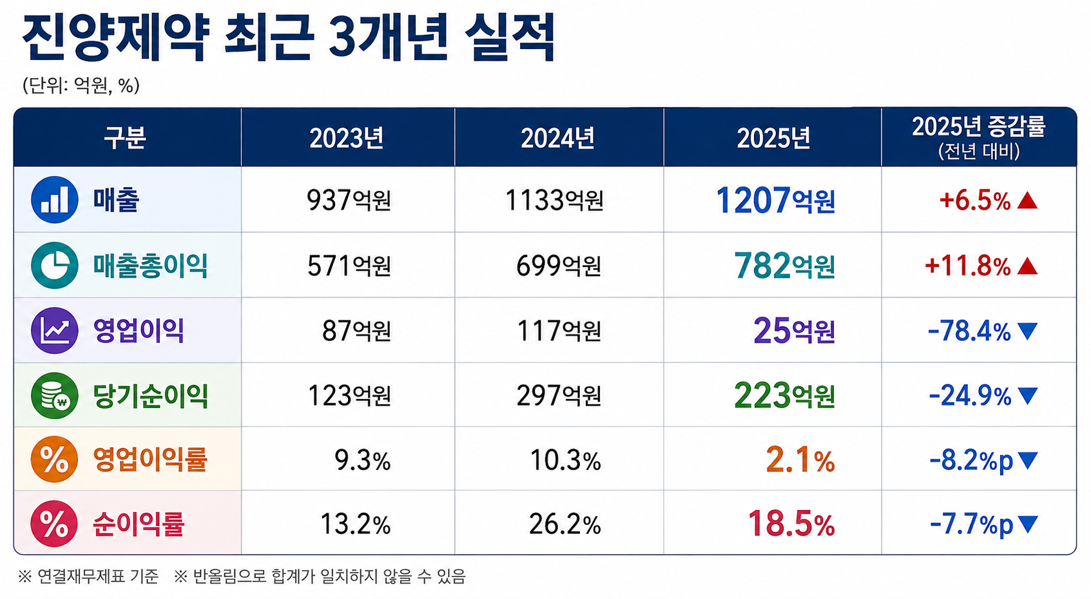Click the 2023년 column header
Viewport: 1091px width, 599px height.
[347, 138]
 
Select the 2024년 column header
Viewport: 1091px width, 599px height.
[557, 138]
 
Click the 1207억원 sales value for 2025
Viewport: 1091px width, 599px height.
[775, 201]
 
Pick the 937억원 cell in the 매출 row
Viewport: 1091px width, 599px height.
[349, 200]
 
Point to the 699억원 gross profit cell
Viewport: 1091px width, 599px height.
[558, 266]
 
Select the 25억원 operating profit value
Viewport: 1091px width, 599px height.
[795, 331]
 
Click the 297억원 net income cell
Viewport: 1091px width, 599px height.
[559, 395]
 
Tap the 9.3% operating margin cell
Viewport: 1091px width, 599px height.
[362, 460]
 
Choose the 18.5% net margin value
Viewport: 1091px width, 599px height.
[791, 524]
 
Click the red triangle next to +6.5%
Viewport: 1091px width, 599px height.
[1027, 201]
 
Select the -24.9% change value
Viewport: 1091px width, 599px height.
[970, 396]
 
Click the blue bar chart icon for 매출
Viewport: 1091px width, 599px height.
[55, 200]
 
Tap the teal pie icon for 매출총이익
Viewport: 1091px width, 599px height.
[55, 266]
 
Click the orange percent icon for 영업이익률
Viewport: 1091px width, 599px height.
[54, 460]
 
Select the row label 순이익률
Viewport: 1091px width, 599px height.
[139, 524]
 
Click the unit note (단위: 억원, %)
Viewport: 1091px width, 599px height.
[81, 85]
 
